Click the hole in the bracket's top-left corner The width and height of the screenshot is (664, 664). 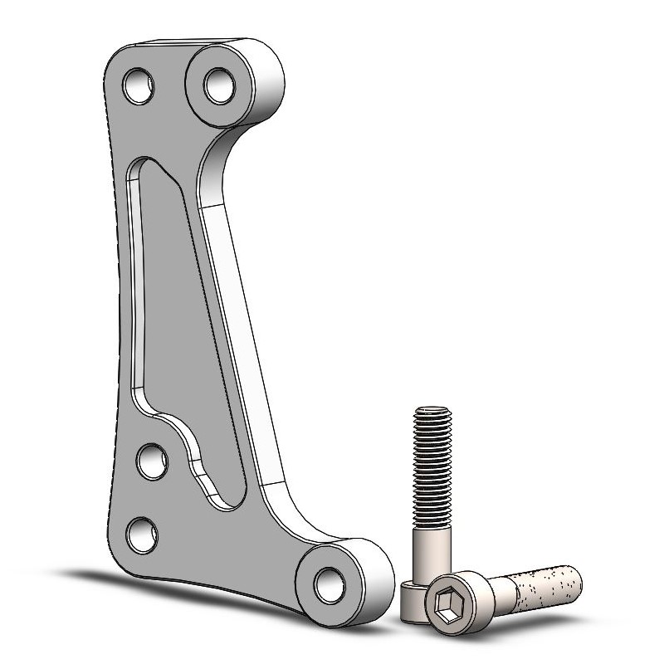[139, 85]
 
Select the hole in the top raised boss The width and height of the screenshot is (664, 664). [219, 85]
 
